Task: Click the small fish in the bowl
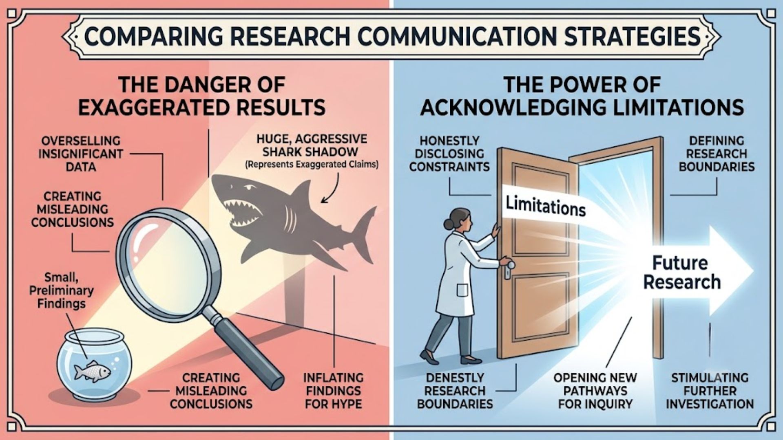[92, 371]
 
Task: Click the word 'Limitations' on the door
[546, 206]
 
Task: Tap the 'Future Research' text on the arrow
[682, 272]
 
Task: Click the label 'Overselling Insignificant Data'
[81, 154]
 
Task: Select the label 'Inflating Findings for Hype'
[333, 391]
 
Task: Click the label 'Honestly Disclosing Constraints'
[449, 154]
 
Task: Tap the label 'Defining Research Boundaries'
[717, 154]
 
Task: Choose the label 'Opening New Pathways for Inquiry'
[595, 391]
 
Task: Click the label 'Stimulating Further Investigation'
[710, 391]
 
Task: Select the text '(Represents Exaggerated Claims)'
[312, 165]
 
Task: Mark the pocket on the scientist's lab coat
[462, 290]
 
